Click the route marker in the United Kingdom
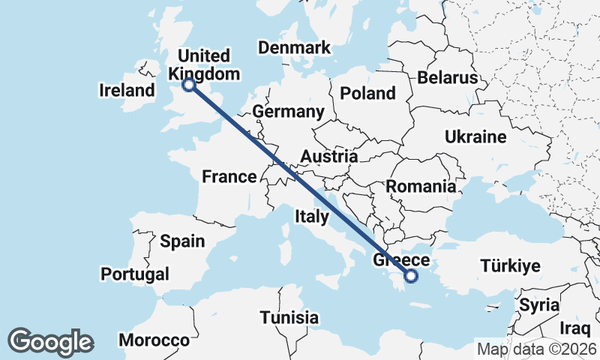189,85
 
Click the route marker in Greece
411,276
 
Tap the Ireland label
127,91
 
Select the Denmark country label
294,48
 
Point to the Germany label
288,112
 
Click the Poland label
367,93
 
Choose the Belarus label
448,78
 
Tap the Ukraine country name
475,137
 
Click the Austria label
328,157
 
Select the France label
229,177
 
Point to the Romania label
421,186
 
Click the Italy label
312,217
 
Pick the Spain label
182,241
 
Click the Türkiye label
510,266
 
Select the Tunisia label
289,317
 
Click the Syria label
539,305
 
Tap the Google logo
51,341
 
